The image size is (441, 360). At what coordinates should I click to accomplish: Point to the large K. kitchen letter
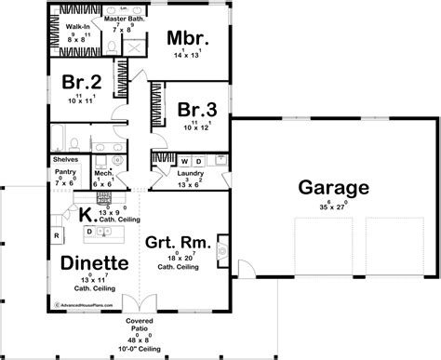click(85, 213)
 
